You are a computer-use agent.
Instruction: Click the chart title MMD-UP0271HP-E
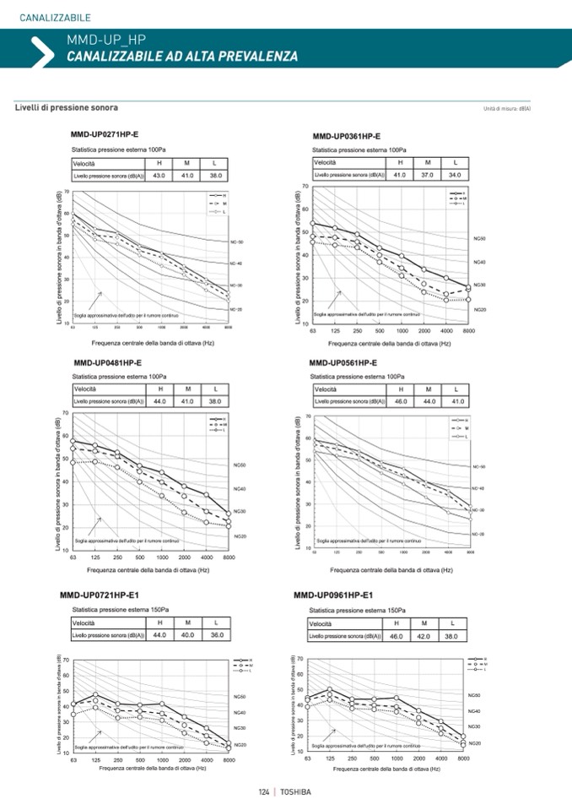coord(105,135)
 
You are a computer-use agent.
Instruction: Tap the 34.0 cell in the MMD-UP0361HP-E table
coord(455,175)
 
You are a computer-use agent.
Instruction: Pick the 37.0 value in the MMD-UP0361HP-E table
coord(428,175)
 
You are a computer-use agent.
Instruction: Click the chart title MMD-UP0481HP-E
coord(108,362)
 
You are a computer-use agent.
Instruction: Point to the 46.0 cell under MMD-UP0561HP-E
coord(402,401)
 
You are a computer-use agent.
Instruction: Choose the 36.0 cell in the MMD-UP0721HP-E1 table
coord(216,634)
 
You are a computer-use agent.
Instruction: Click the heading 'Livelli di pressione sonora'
coord(66,108)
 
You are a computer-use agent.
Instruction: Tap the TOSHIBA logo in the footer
coord(295,792)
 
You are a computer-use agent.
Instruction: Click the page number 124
coord(264,792)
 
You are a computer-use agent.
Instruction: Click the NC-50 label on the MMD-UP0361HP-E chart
coord(479,239)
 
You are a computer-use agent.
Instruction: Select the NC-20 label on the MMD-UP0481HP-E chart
coord(240,536)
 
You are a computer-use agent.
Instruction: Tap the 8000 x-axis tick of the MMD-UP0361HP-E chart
coord(468,331)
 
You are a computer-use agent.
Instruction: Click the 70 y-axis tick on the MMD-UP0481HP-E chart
coord(65,413)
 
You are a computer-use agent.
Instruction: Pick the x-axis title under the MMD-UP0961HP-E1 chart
coord(386,769)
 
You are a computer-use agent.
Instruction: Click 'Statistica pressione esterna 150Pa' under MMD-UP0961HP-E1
coord(357,610)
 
